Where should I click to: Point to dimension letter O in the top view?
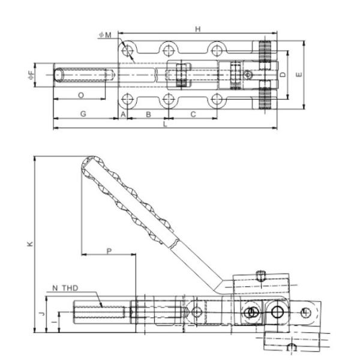click(80, 95)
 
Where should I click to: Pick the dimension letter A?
click(123, 113)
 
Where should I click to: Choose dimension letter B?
click(148, 113)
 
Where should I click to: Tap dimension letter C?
click(193, 113)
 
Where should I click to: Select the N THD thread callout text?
click(65, 289)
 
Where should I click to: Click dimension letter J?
click(40, 313)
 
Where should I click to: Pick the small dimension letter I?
click(53, 322)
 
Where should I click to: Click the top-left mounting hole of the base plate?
click(127, 50)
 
